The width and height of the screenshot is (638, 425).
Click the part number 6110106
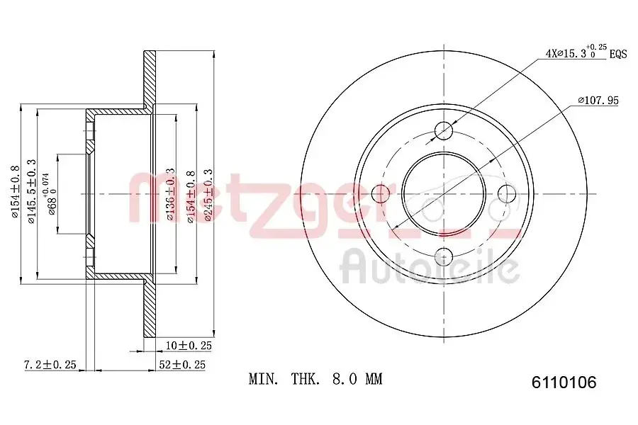pyautogui.click(x=564, y=382)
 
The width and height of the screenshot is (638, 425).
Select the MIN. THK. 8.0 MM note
pyautogui.click(x=315, y=379)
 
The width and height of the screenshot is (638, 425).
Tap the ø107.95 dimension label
pyautogui.click(x=598, y=100)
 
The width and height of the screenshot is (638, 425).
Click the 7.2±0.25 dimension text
pyautogui.click(x=50, y=364)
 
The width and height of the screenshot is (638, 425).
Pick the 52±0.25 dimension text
pyautogui.click(x=182, y=364)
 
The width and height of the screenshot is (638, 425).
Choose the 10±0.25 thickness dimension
pyautogui.click(x=189, y=346)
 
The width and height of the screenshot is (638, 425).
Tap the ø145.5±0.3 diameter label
pyautogui.click(x=32, y=191)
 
